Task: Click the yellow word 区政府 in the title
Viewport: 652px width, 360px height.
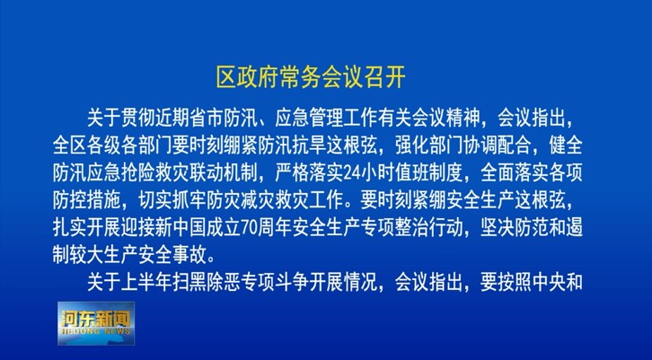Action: [248, 77]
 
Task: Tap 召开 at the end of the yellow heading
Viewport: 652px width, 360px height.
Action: [385, 77]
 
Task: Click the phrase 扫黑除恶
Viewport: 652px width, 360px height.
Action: [207, 283]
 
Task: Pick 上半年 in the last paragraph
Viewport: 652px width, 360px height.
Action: [146, 283]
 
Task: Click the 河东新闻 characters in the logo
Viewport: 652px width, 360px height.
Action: [96, 319]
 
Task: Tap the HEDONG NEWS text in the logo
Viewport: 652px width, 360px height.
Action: [96, 332]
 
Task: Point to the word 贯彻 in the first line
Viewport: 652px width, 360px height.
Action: [138, 119]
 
